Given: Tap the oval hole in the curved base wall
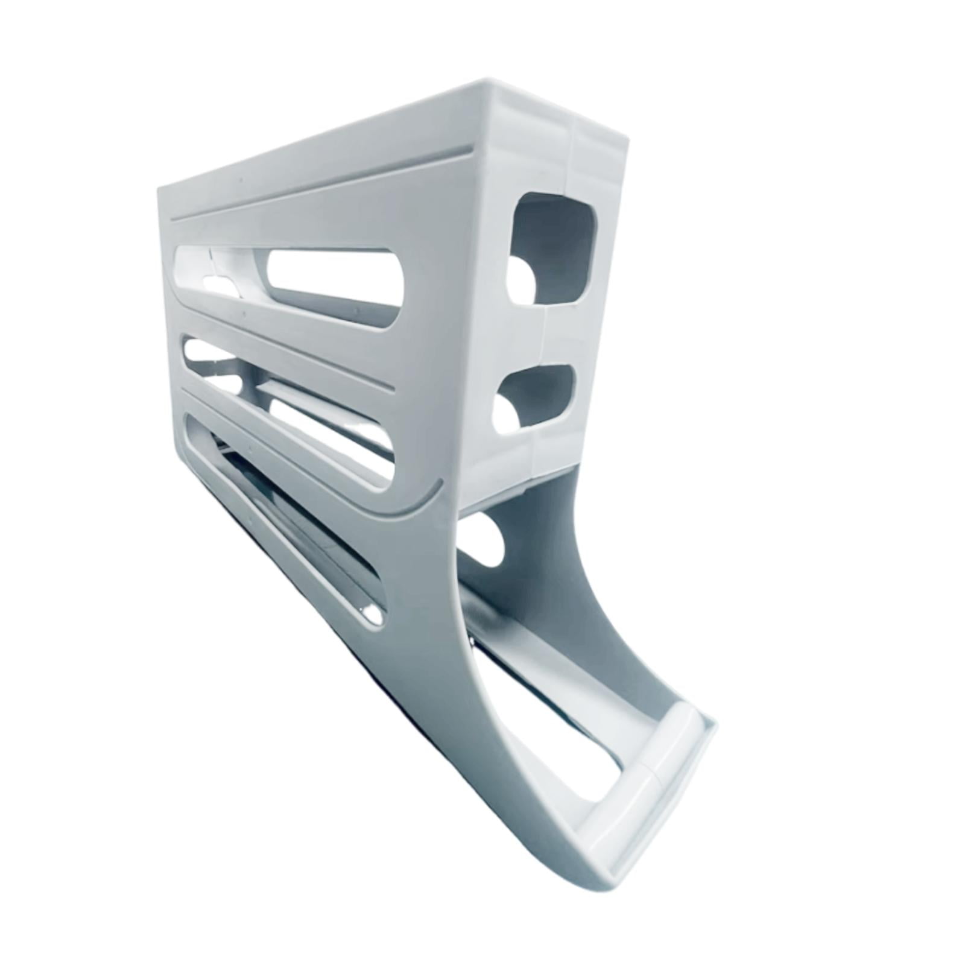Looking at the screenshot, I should [x=482, y=540].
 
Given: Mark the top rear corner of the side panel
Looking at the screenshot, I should [x=160, y=190].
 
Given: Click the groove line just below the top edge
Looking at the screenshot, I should [x=320, y=181].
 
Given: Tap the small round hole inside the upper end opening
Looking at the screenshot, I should [x=519, y=280].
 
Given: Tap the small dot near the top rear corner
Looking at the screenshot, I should [x=240, y=179].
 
